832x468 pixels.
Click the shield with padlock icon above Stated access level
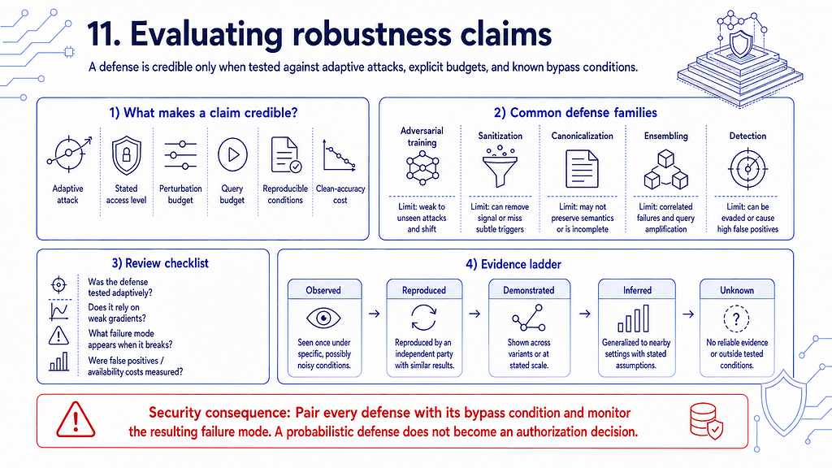coord(126,155)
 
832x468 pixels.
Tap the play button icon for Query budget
coord(232,154)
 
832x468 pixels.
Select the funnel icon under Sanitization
coord(500,167)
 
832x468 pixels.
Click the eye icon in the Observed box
coord(323,318)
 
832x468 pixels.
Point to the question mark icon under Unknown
coord(736,318)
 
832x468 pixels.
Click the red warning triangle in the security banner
coord(76,419)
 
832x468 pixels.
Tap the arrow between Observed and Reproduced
coord(374,314)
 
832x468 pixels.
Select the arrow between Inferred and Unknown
coord(688,314)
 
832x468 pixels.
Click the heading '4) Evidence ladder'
coord(513,264)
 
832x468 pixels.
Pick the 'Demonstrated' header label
coord(528,290)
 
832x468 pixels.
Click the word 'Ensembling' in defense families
coord(666,136)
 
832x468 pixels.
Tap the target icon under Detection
coord(747,169)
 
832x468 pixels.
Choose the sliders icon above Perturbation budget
coord(180,155)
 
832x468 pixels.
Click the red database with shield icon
coord(706,420)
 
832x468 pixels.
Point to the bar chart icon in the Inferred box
coord(634,318)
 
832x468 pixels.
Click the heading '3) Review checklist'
coord(160,263)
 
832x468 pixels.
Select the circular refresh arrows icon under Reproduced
coord(423,318)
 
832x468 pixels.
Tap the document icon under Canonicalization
coord(582,169)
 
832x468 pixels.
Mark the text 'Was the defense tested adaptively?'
coord(120,287)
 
